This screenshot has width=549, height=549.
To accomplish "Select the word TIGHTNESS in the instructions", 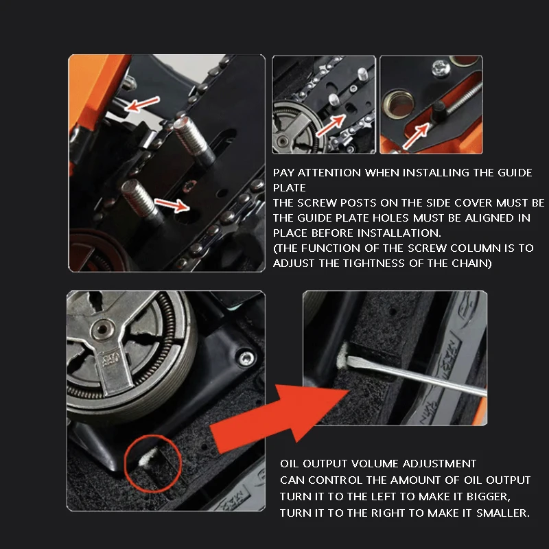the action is [374, 264].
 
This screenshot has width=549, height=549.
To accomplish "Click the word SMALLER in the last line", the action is [503, 513].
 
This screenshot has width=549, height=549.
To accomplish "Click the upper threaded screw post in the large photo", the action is [193, 139].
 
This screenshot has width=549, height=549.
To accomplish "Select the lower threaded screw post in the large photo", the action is [141, 200].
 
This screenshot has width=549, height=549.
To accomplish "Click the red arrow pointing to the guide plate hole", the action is [172, 205].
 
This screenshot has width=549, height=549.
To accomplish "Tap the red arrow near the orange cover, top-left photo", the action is [142, 104].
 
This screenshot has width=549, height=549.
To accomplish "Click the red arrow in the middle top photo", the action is [331, 126].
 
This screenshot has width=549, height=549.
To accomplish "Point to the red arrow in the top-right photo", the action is [416, 136].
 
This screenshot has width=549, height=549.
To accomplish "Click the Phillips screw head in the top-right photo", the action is [441, 68].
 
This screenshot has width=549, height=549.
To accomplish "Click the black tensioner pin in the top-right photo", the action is [439, 111].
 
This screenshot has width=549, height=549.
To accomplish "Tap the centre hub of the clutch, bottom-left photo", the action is [102, 329].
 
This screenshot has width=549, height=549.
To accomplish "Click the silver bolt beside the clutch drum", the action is [246, 358].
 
